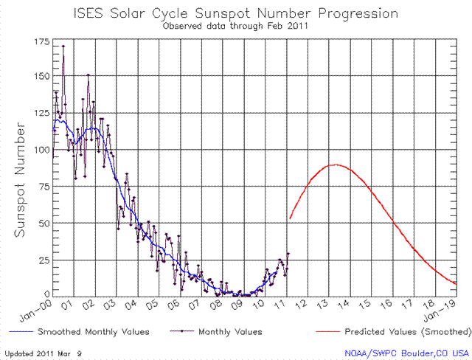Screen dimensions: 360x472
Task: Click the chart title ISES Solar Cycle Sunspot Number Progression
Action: click(x=237, y=13)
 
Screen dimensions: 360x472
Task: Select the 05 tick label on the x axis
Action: click(x=153, y=304)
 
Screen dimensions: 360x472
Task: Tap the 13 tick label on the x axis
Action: click(x=322, y=304)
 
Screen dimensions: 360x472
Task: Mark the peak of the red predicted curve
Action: click(x=336, y=165)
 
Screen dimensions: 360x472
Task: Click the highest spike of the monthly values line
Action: click(x=63, y=46)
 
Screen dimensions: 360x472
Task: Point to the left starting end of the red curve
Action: click(x=290, y=218)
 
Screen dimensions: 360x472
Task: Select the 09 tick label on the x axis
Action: click(x=237, y=304)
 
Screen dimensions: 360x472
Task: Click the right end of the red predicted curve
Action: click(x=457, y=283)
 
